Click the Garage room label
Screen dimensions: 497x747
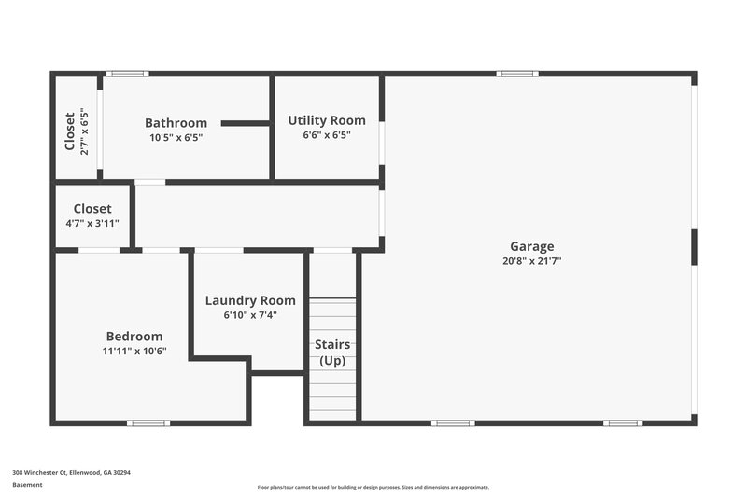point(531,246)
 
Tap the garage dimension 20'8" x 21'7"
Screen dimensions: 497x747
point(531,261)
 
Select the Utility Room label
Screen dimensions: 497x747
point(327,120)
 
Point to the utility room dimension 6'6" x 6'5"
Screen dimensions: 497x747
point(327,135)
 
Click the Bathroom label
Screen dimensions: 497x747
point(176,123)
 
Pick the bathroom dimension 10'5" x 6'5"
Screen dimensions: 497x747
point(176,137)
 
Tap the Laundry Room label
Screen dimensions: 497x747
point(250,300)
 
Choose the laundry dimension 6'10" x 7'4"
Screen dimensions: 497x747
point(250,315)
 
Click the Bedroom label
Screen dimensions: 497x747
point(134,337)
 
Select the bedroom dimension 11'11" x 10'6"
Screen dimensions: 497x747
point(134,351)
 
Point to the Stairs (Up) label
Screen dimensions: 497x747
point(332,352)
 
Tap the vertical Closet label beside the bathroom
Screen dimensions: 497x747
point(70,131)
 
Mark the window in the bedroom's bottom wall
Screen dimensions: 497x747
point(148,423)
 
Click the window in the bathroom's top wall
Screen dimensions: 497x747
point(126,74)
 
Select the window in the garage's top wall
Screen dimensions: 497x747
point(516,74)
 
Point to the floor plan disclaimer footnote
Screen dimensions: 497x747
point(373,487)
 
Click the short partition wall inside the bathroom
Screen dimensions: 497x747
point(246,123)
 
